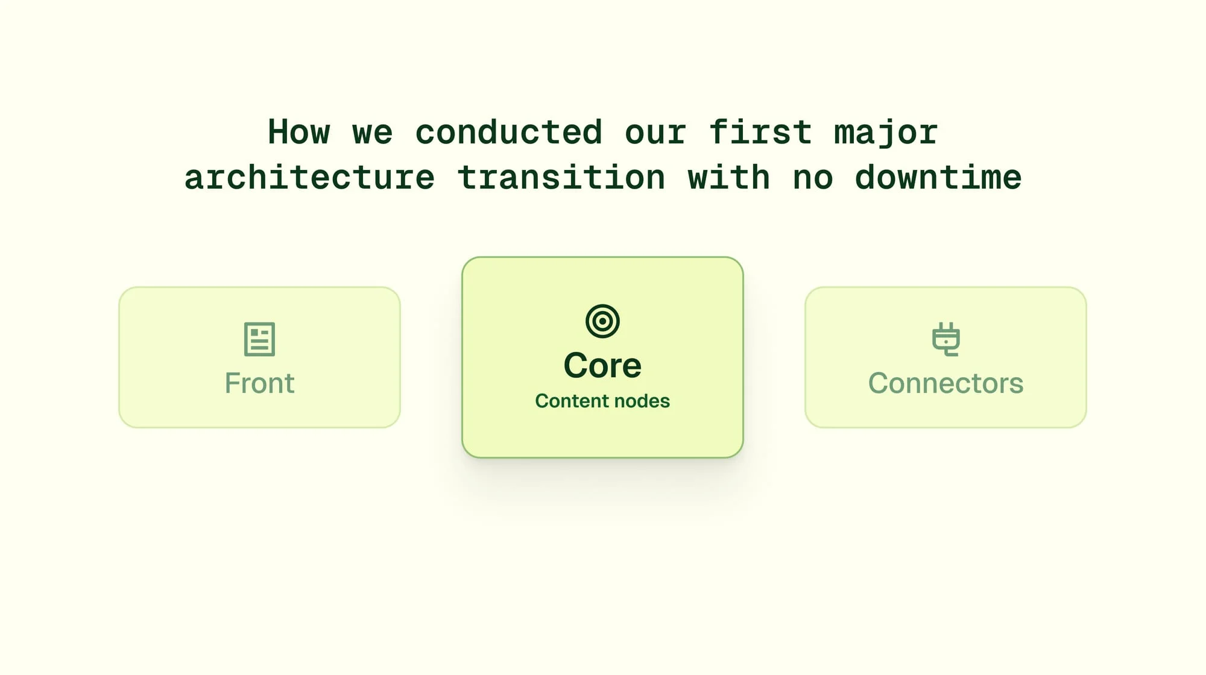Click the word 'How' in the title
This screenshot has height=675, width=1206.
pyautogui.click(x=299, y=132)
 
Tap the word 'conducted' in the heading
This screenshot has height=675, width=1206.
pyautogui.click(x=509, y=132)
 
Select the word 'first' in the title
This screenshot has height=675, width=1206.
pyautogui.click(x=760, y=132)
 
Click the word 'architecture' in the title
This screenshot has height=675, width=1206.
pyautogui.click(x=309, y=177)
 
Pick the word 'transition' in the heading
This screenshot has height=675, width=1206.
pyautogui.click(x=561, y=177)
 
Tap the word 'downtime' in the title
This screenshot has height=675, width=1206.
pyautogui.click(x=938, y=177)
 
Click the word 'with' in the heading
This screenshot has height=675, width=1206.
pyautogui.click(x=729, y=177)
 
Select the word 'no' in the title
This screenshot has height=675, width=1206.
pyautogui.click(x=813, y=180)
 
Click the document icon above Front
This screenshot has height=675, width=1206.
pyautogui.click(x=259, y=339)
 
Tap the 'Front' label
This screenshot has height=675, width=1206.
pyautogui.click(x=259, y=383)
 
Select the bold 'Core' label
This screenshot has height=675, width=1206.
pyautogui.click(x=602, y=365)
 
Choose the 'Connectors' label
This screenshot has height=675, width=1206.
pyautogui.click(x=946, y=383)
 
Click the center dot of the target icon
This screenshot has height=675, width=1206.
pyautogui.click(x=602, y=321)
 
